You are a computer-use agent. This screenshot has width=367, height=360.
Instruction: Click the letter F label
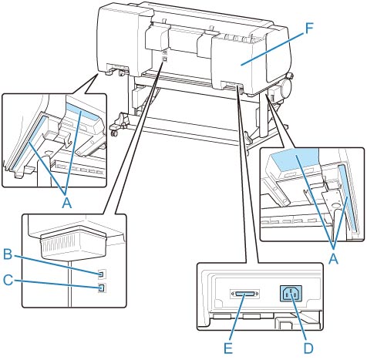coord(309,29)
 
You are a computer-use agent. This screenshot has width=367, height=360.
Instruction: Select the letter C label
coord(8,280)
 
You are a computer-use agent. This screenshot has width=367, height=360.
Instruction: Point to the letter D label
coord(308,348)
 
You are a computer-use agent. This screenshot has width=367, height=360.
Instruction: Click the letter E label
coord(228,348)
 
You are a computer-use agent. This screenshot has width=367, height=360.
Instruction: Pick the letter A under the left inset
coord(67,204)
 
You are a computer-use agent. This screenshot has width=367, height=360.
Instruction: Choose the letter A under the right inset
coord(334,259)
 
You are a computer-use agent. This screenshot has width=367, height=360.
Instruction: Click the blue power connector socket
coord(291,294)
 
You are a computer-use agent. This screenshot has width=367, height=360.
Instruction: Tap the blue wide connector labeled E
coord(244,294)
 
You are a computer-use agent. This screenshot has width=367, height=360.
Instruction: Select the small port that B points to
coord(102,274)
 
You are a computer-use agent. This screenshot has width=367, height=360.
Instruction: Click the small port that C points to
coord(102,288)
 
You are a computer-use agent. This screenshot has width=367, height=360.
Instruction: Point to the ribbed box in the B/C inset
coord(73,244)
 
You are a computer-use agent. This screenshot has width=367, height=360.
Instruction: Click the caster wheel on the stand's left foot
coord(115,133)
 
